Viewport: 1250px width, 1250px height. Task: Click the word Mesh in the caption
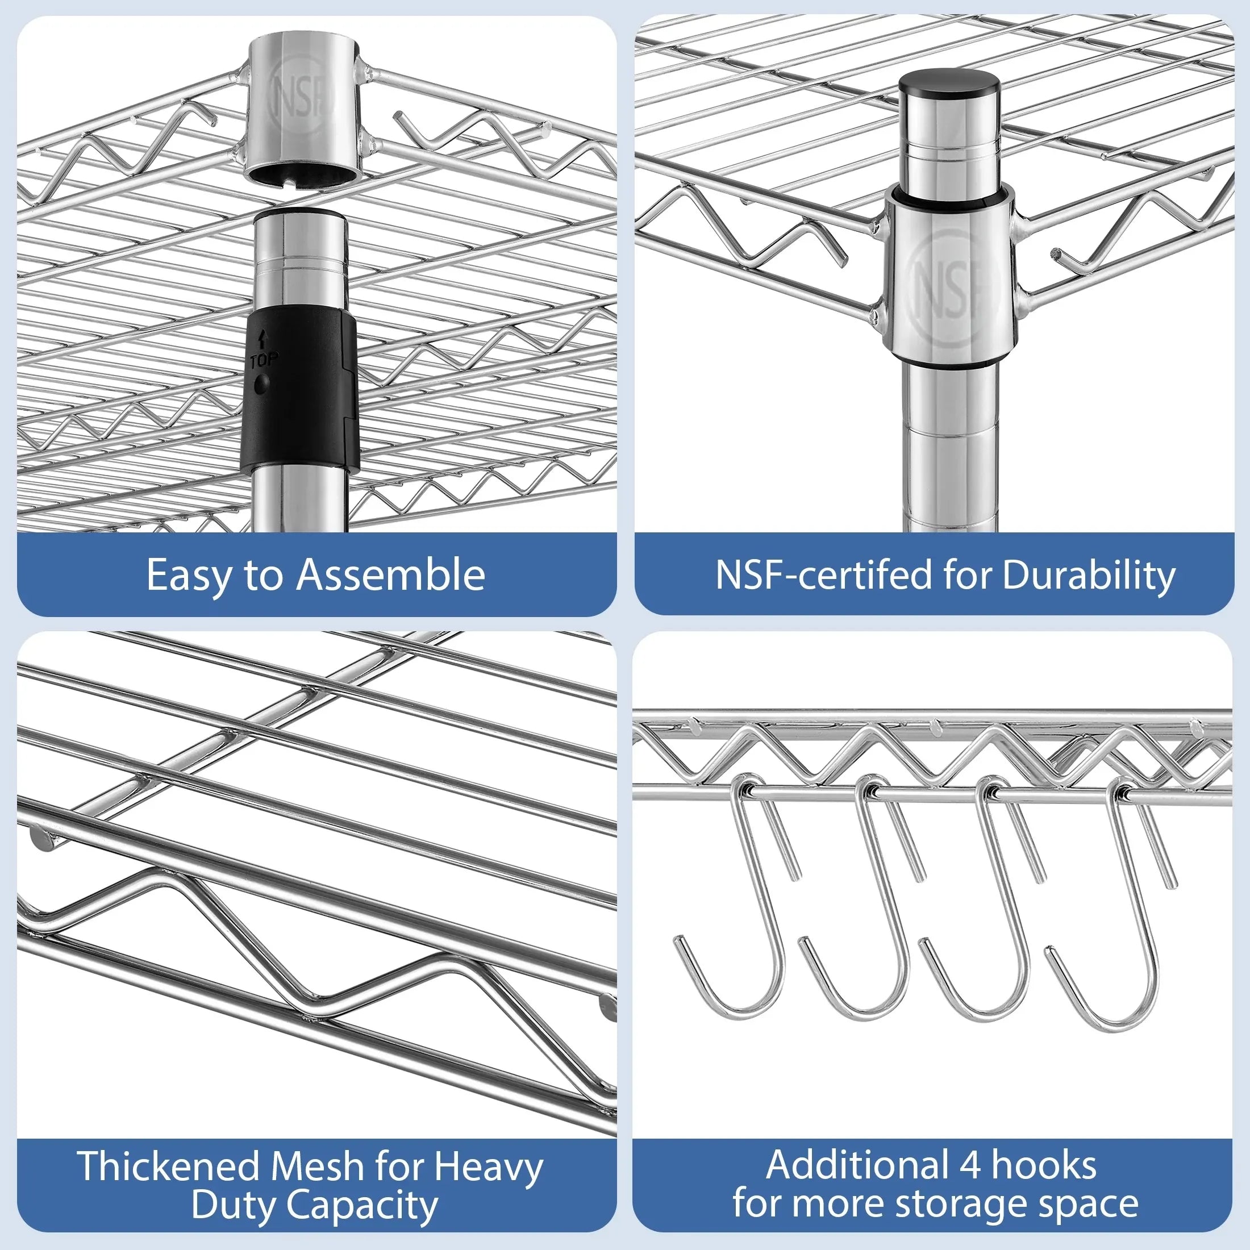tap(317, 1166)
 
